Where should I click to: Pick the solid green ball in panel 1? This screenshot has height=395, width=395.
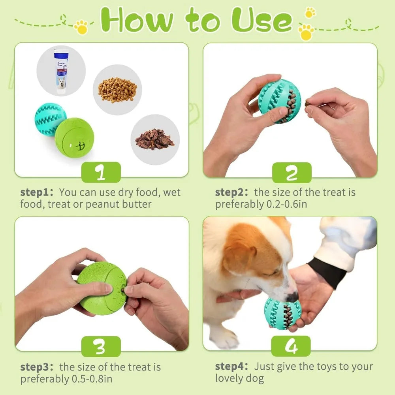74,137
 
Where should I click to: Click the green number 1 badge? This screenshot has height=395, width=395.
101,172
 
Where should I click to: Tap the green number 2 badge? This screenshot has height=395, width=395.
292,173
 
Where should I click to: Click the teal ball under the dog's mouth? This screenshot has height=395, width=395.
282,314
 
